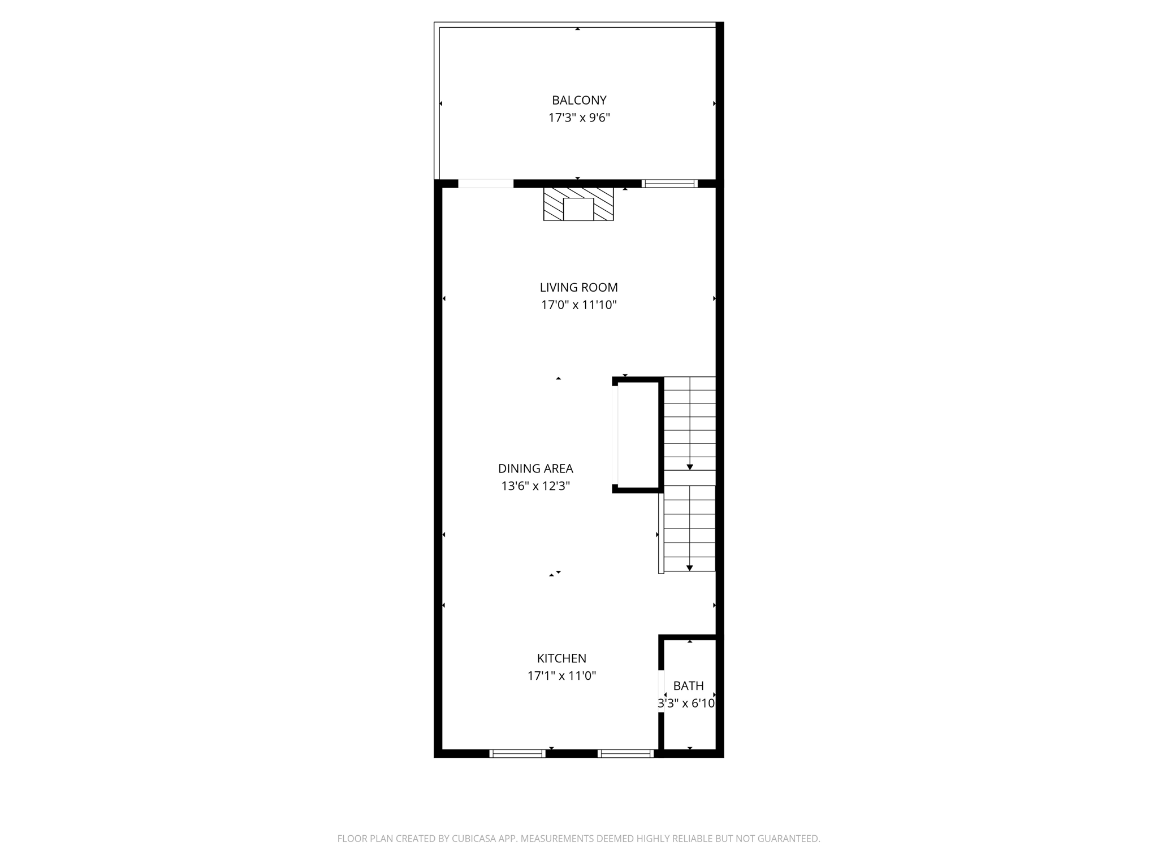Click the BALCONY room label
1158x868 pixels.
click(x=579, y=101)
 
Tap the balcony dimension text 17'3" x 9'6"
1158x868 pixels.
click(x=579, y=118)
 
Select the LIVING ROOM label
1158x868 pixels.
click(x=578, y=288)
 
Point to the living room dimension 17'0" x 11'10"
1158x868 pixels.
click(x=578, y=305)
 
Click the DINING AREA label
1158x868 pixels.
click(x=535, y=468)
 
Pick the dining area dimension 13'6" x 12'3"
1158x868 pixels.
click(x=535, y=486)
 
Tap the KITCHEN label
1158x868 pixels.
click(x=561, y=658)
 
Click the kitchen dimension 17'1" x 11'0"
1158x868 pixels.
click(x=561, y=676)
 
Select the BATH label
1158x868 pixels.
click(x=688, y=686)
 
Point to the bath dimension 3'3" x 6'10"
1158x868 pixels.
click(x=686, y=704)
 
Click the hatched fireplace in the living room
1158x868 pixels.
click(x=578, y=205)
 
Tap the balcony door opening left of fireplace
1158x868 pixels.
click(x=486, y=184)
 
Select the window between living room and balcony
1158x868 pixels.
click(x=669, y=184)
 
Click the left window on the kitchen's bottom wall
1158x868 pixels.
click(x=517, y=753)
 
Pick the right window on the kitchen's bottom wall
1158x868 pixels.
click(x=625, y=753)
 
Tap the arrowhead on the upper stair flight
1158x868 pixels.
click(x=690, y=467)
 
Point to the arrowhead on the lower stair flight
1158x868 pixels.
click(x=690, y=568)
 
